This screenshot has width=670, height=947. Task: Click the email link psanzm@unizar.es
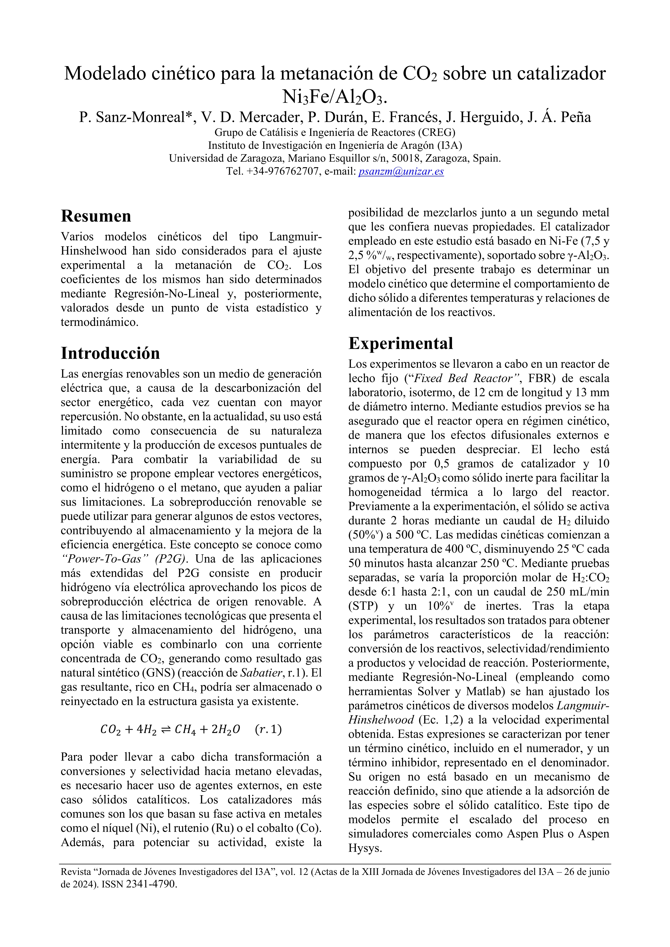(401, 171)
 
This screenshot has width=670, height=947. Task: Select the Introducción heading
(110, 353)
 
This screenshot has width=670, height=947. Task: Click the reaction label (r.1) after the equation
(268, 729)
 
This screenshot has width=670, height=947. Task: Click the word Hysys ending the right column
(365, 848)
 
